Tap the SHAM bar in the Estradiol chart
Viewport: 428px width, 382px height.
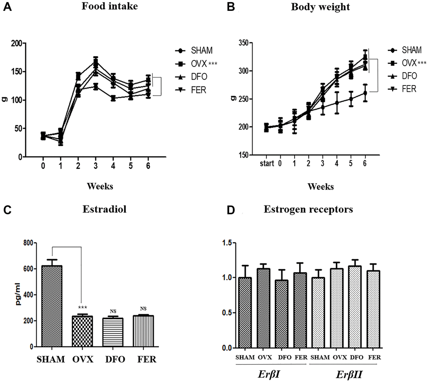click(52, 306)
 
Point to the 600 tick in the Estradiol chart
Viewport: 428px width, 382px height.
click(29, 269)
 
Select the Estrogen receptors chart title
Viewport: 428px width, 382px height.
click(308, 210)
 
